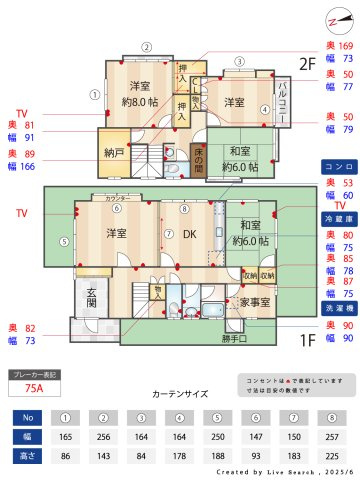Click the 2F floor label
[307, 63]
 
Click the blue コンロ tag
[335, 166]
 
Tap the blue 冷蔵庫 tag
[335, 218]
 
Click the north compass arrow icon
[336, 21]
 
